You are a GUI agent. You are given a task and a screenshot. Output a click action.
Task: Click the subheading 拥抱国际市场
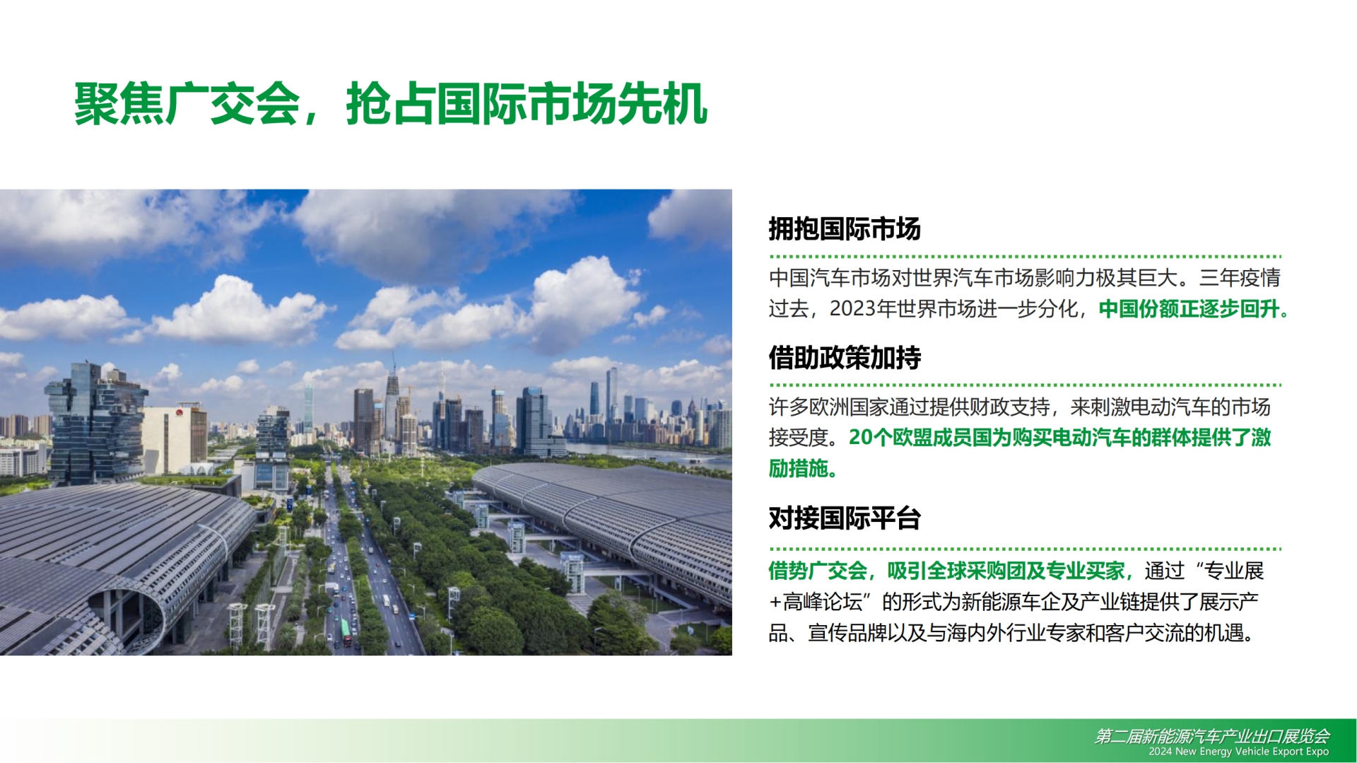pyautogui.click(x=845, y=229)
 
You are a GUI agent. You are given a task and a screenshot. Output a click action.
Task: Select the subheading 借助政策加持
pyautogui.click(x=845, y=358)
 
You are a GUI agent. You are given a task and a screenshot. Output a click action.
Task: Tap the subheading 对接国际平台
pyautogui.click(x=845, y=518)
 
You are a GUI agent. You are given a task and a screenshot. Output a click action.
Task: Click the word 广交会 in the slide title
pyautogui.click(x=233, y=105)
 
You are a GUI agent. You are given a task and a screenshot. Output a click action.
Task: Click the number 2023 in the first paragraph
pyautogui.click(x=852, y=309)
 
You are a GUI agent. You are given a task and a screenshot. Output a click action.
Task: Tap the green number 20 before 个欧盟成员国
pyautogui.click(x=861, y=438)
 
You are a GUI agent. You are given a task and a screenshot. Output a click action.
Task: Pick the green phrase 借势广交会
pyautogui.click(x=818, y=571)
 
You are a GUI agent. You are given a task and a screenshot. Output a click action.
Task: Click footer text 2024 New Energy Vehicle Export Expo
pyautogui.click(x=1238, y=752)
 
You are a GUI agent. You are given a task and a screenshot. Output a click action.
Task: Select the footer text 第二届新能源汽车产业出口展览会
pyautogui.click(x=1211, y=736)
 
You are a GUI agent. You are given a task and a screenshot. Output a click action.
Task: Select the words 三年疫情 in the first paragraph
pyautogui.click(x=1240, y=278)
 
